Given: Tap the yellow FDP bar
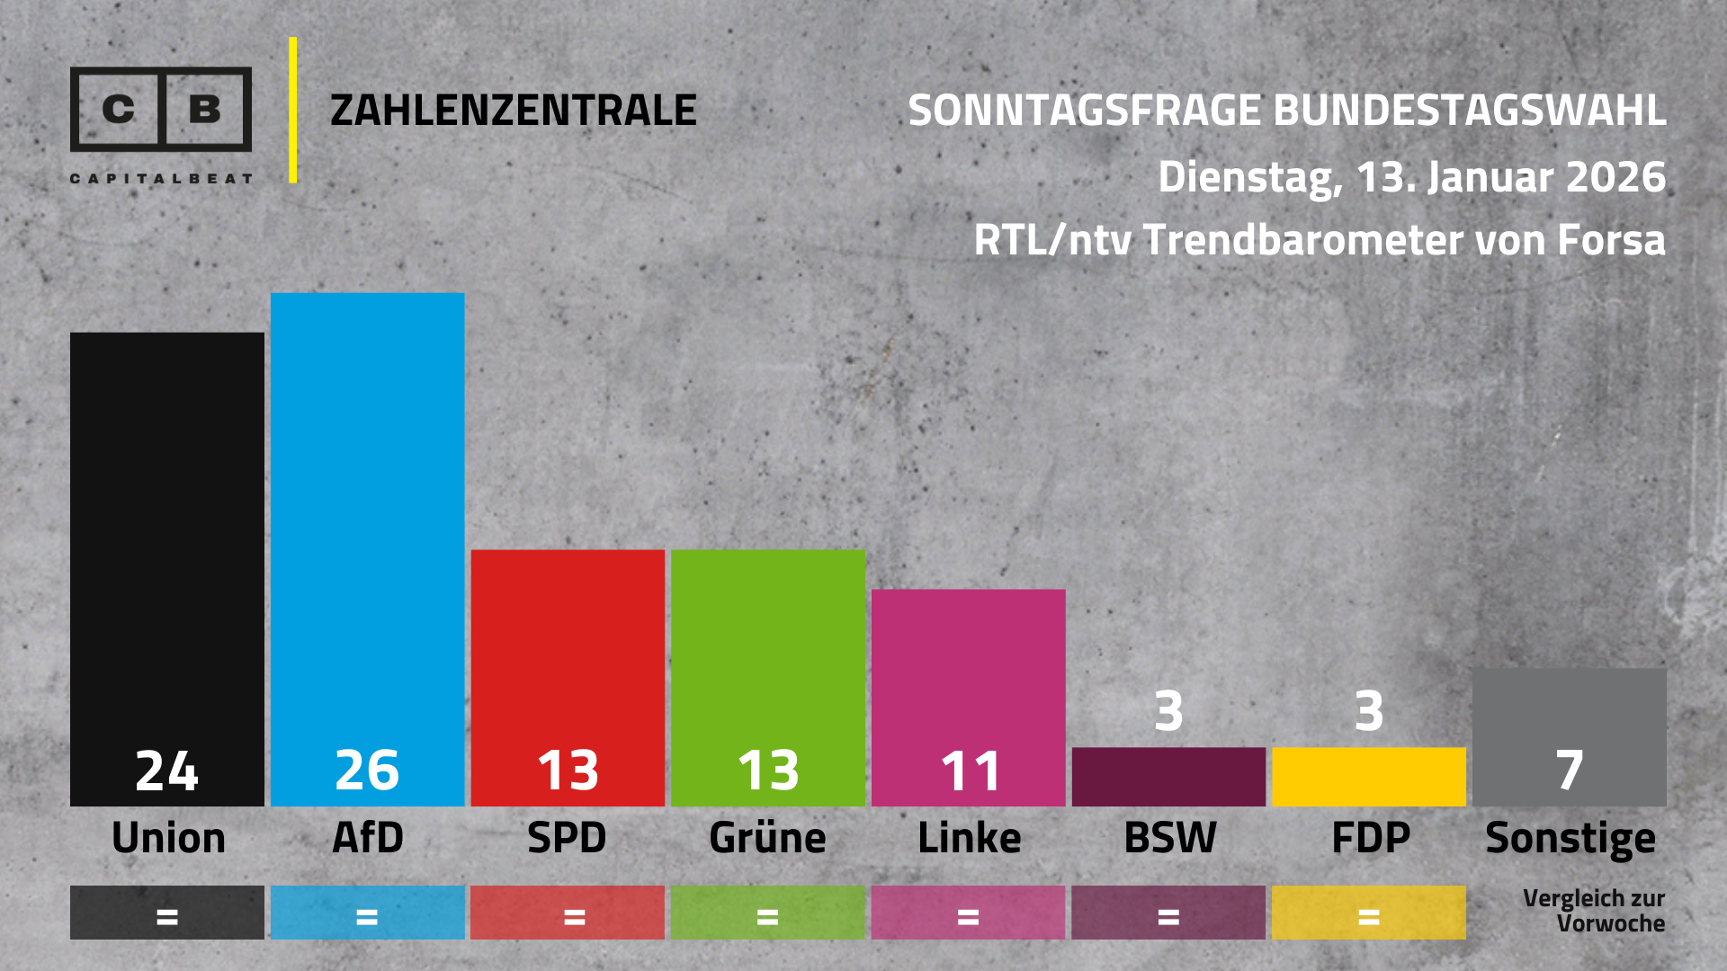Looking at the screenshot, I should click(x=1368, y=777).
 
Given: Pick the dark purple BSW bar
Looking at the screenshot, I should click(x=1168, y=777).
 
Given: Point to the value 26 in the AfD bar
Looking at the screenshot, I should click(x=367, y=771).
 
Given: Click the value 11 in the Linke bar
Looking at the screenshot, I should click(x=970, y=771).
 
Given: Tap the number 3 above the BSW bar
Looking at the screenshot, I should click(x=1168, y=711).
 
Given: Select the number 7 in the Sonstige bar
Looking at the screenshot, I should click(x=1570, y=771).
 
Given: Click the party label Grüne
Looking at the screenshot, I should click(x=767, y=838).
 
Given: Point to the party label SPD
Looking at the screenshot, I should click(x=567, y=838).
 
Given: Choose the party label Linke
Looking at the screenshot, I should click(x=969, y=838).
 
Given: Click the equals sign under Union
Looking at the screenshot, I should click(x=167, y=917).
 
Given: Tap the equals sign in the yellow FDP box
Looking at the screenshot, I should click(x=1368, y=917).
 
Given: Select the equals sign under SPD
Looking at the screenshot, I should click(x=574, y=917).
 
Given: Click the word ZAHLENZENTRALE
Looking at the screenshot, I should click(x=513, y=111).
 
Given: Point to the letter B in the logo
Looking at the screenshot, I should click(x=206, y=109).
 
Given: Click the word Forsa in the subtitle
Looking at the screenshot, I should click(x=1610, y=240).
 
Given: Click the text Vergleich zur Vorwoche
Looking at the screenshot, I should click(x=1593, y=911).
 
